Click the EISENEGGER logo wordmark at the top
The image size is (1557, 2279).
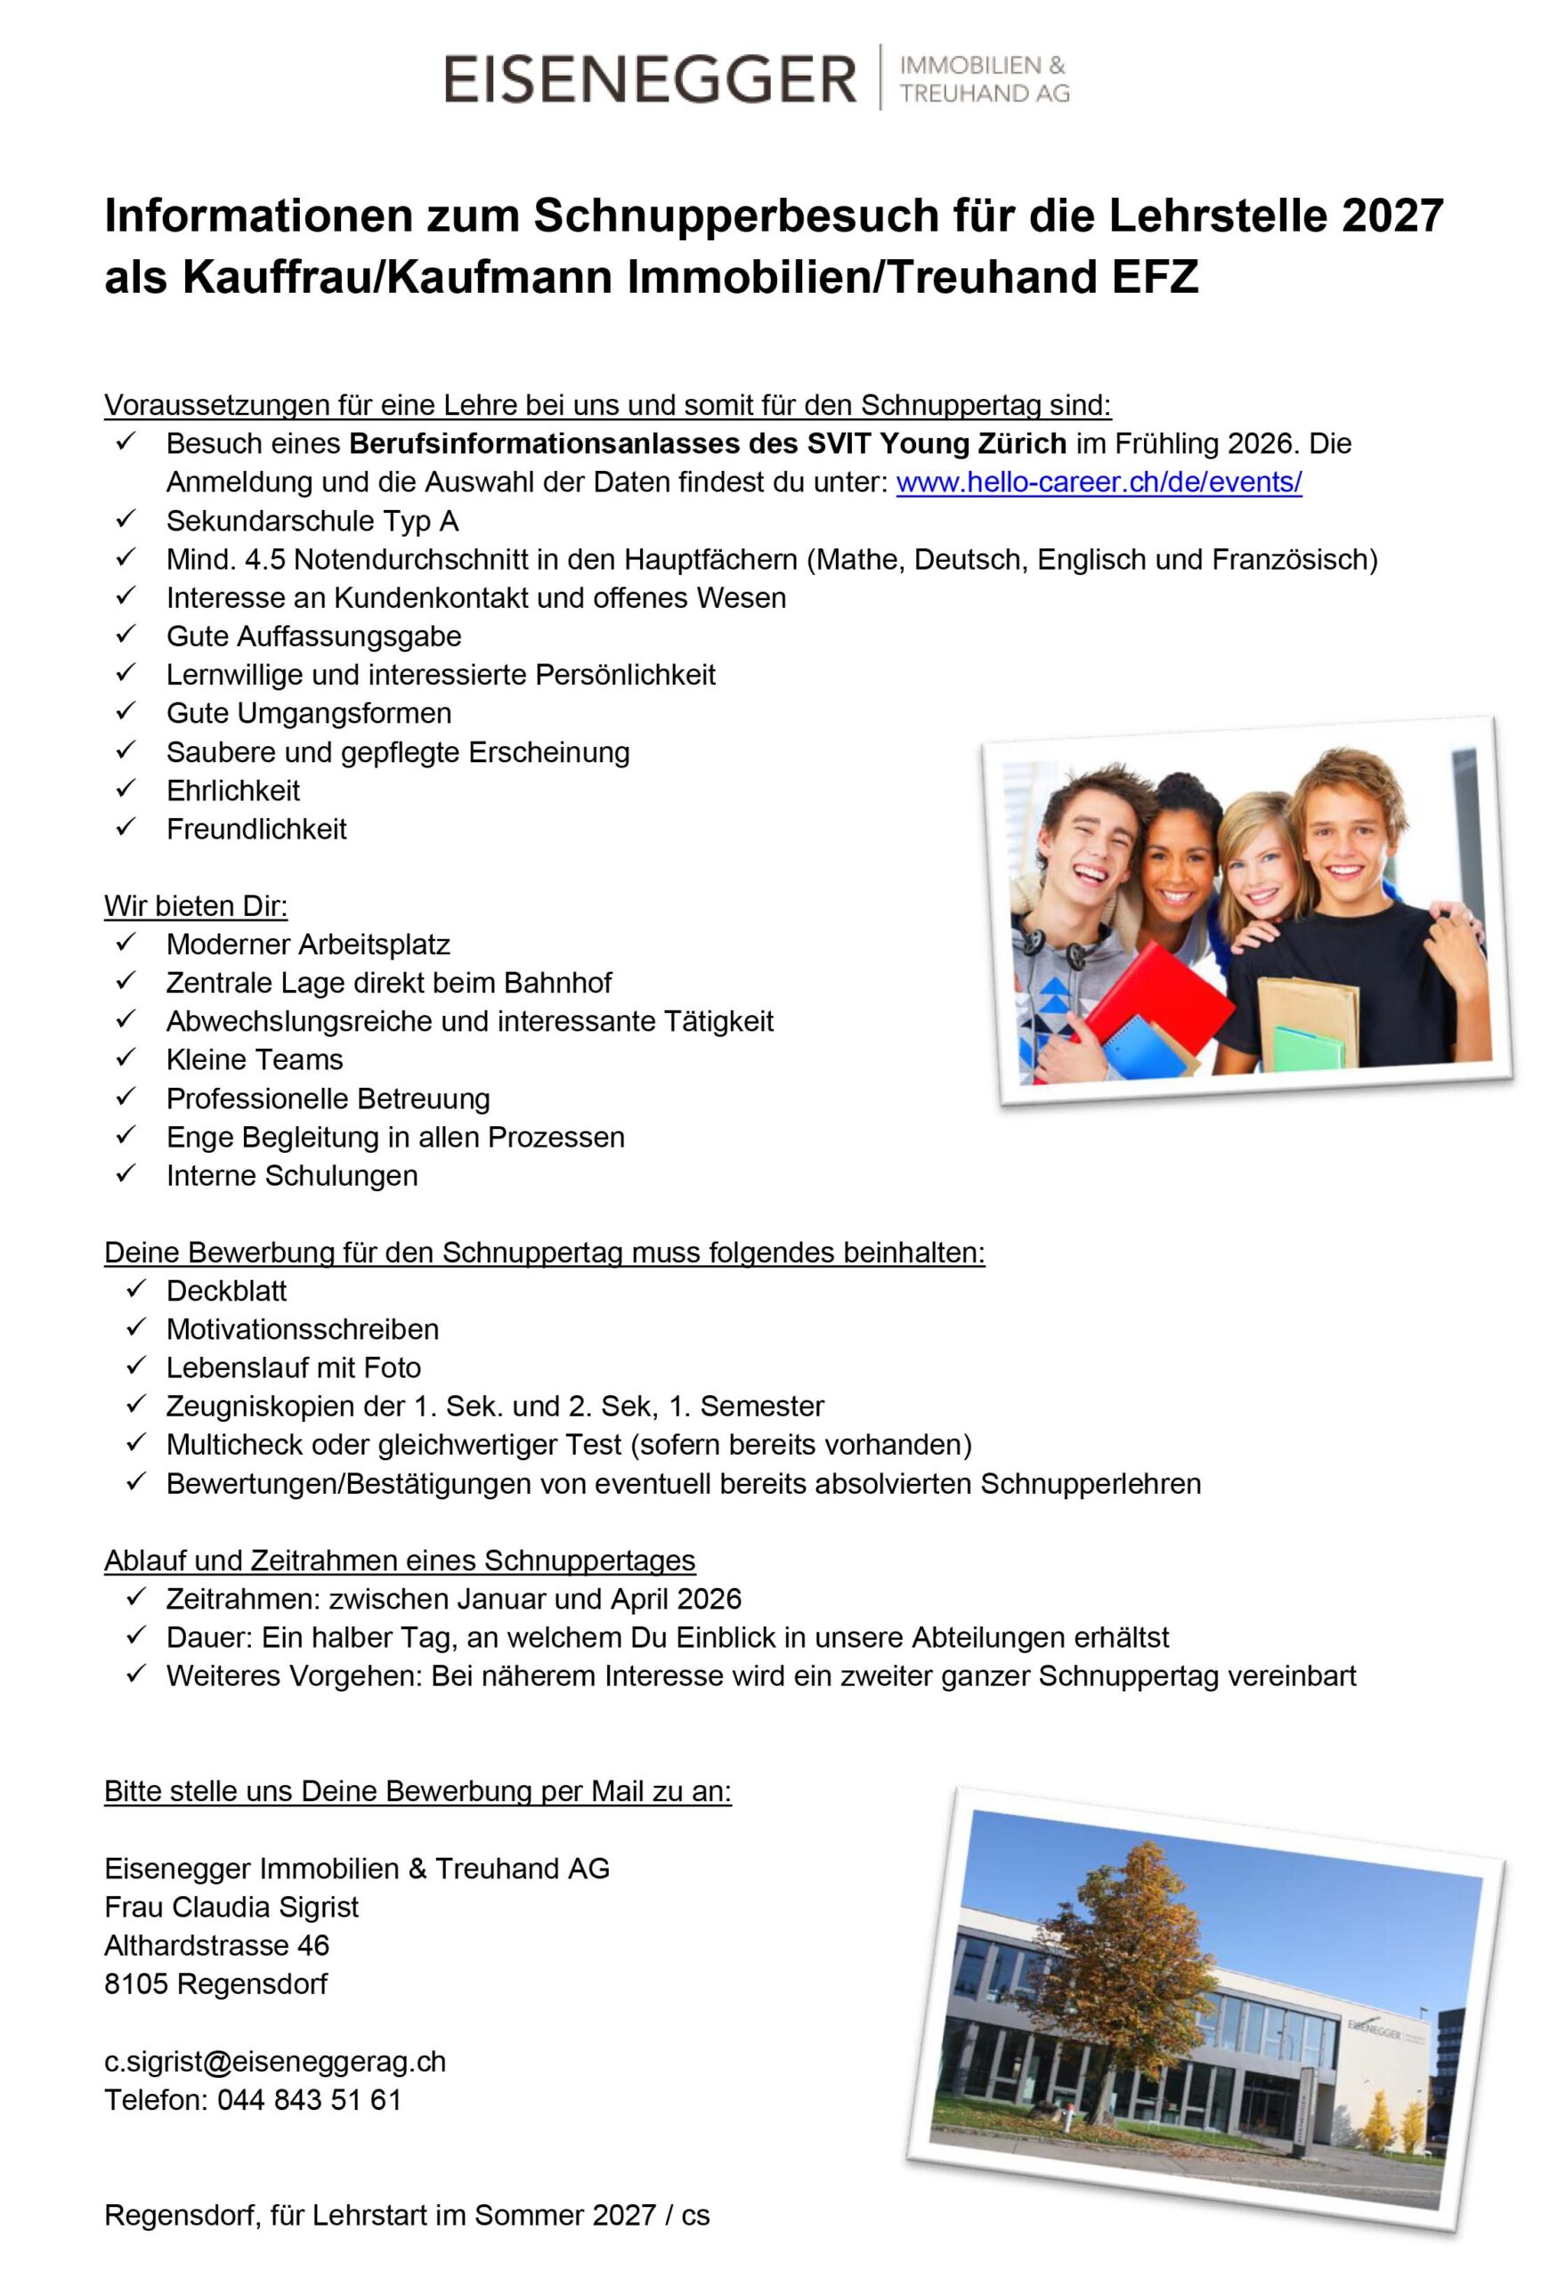pyautogui.click(x=650, y=79)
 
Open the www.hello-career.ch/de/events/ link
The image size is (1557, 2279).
pyautogui.click(x=1099, y=483)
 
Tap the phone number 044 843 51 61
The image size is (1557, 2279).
pyautogui.click(x=309, y=2099)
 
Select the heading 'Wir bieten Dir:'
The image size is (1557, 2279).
pyautogui.click(x=196, y=905)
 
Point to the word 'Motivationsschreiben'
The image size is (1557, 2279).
pyautogui.click(x=302, y=1329)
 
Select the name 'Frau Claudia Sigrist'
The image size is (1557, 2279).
pyautogui.click(x=231, y=1908)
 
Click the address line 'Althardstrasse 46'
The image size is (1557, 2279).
pyautogui.click(x=216, y=1945)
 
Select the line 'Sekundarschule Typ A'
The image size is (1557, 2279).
pyautogui.click(x=312, y=521)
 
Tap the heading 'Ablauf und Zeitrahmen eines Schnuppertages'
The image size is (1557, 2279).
pyautogui.click(x=399, y=1561)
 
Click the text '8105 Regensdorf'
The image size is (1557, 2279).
pyautogui.click(x=215, y=1983)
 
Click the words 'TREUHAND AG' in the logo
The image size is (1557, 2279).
pyautogui.click(x=985, y=94)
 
